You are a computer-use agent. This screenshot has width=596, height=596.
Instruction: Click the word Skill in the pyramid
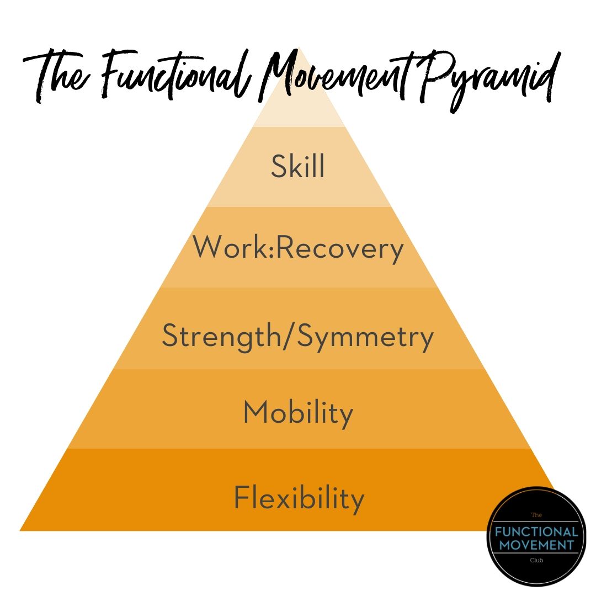297,166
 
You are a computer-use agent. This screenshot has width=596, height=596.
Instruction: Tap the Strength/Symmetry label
297,336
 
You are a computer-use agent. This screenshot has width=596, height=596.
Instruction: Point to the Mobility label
298,413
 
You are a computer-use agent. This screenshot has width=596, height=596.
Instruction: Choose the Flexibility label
299,498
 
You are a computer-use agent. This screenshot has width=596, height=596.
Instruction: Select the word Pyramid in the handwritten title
488,81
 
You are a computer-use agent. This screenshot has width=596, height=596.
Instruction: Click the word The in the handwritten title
57,76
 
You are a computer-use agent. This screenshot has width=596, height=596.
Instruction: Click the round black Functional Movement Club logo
536,536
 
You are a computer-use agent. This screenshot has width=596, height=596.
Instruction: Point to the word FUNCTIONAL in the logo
536,531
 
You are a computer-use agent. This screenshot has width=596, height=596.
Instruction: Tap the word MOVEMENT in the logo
536,545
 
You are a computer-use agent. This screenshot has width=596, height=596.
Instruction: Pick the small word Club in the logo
536,560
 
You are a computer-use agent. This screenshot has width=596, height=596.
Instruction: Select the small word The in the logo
536,515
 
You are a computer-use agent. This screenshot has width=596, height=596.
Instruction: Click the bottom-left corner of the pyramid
20,531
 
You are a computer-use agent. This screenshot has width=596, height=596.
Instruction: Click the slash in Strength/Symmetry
289,336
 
